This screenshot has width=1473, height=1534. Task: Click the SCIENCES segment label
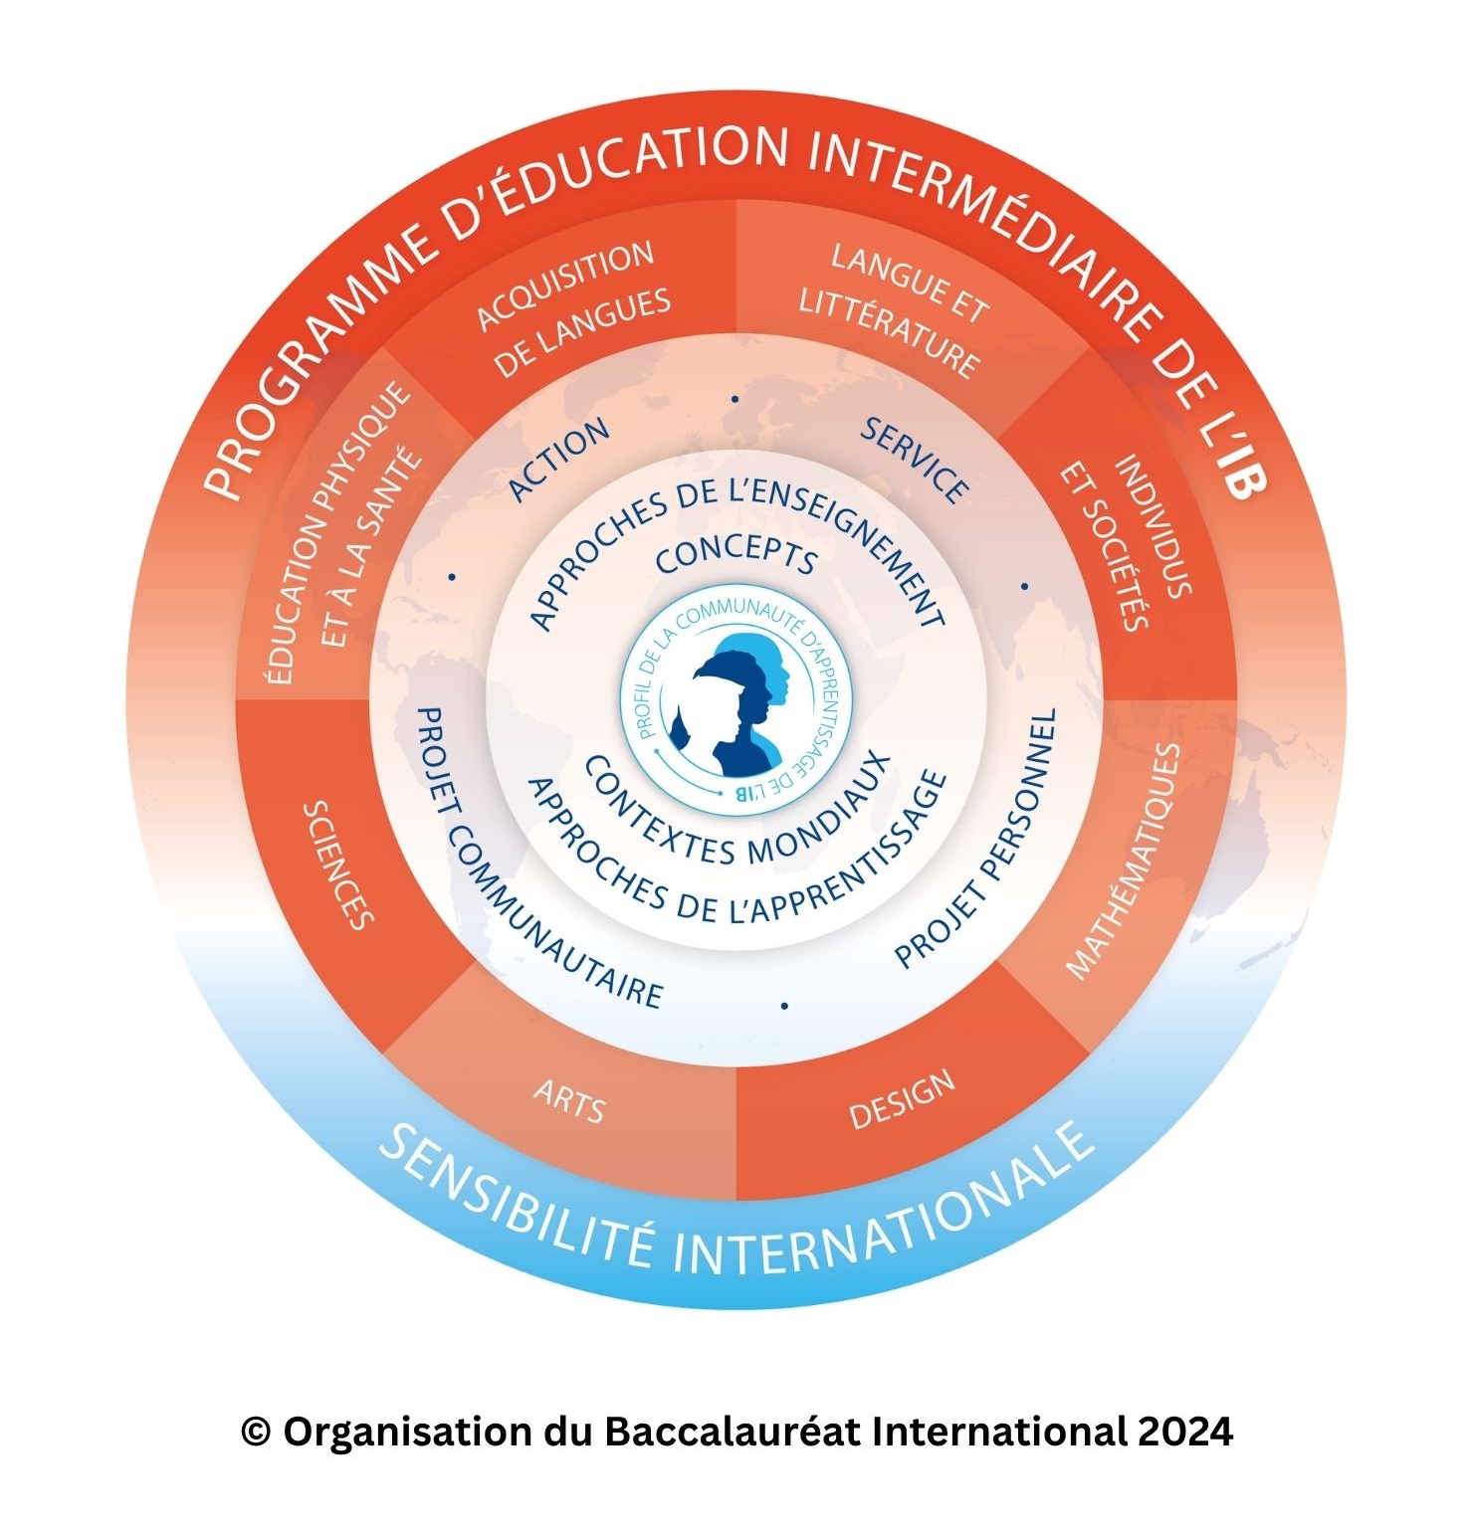pos(338,864)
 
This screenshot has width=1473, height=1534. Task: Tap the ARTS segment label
pos(569,1100)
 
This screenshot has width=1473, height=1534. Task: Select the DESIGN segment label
pos(902,1099)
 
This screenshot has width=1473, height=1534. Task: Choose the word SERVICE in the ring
pos(914,461)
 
